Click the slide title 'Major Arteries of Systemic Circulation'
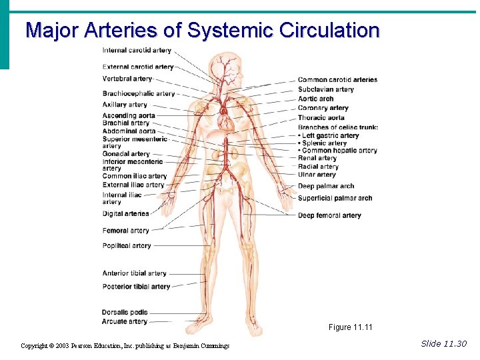(202, 31)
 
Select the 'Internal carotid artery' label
(137, 51)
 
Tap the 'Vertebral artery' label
(127, 79)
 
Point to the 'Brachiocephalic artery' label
(139, 94)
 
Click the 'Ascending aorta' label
(129, 116)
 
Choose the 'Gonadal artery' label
(126, 154)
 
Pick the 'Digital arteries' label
(125, 214)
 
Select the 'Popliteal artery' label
(127, 246)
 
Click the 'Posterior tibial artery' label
(136, 287)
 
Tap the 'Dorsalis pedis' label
(125, 313)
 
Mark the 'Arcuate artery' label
(125, 321)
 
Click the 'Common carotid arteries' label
(337, 80)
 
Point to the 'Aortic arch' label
(316, 99)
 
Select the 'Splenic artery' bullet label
(324, 143)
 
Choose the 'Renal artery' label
(317, 159)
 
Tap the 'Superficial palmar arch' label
(335, 198)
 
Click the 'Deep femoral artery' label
(329, 216)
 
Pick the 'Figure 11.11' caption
(351, 327)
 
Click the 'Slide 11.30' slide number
(444, 343)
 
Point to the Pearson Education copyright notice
(125, 346)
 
